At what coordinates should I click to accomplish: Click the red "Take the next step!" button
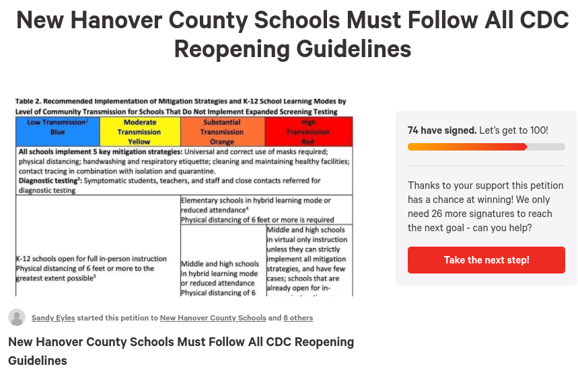click(x=486, y=260)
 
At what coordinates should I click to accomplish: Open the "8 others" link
click(x=297, y=318)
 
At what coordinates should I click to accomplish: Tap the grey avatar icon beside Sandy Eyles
click(x=17, y=318)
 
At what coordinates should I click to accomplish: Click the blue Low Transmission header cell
click(x=57, y=132)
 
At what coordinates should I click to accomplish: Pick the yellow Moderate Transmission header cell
click(x=139, y=132)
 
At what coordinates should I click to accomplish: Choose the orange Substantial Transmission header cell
click(x=222, y=132)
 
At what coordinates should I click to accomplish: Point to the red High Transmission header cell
click(x=308, y=132)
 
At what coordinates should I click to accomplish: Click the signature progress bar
click(x=486, y=146)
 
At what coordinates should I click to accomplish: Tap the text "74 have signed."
click(x=442, y=130)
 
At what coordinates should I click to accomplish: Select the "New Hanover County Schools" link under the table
click(x=213, y=318)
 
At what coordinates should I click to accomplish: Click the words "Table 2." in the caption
click(x=29, y=102)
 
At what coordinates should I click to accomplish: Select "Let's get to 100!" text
click(x=513, y=130)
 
